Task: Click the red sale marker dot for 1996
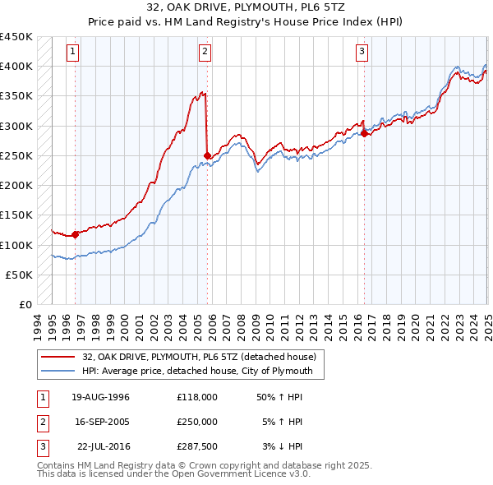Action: coord(75,234)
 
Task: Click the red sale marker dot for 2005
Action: coord(207,155)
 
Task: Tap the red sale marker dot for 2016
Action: coord(364,133)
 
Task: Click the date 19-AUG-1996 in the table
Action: coord(100,397)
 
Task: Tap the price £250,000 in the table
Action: coord(197,422)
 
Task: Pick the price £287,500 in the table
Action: coord(197,446)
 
